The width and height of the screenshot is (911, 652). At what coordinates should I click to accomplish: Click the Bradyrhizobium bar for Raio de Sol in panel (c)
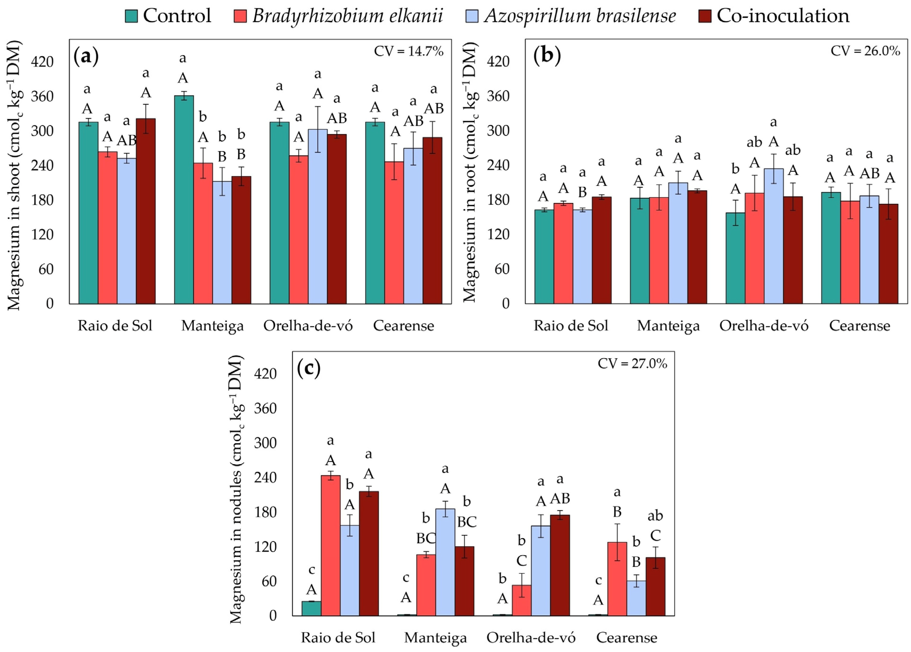point(331,546)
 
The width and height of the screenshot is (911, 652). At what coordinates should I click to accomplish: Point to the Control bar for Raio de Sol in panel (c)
point(311,609)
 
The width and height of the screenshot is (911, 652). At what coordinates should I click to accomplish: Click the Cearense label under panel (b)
point(859,326)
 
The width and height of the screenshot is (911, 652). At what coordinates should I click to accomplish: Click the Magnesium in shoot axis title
point(14,176)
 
